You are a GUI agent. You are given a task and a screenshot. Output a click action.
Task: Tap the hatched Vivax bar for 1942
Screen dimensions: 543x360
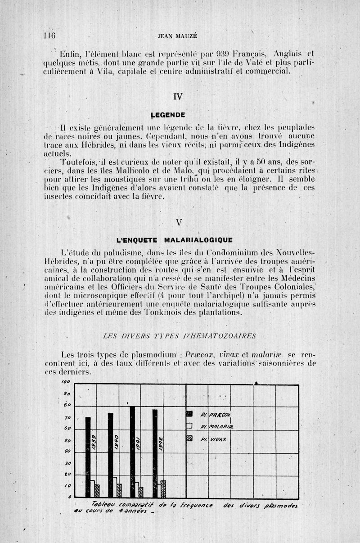click(163, 489)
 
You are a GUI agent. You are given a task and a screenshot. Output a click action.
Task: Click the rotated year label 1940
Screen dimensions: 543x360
click(116, 442)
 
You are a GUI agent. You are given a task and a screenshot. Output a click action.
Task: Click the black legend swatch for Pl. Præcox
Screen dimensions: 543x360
click(189, 414)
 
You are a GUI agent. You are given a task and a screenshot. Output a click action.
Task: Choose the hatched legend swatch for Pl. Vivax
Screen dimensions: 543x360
click(189, 438)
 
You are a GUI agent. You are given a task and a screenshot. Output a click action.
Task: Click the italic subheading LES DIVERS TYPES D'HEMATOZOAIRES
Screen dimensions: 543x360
click(180, 335)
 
